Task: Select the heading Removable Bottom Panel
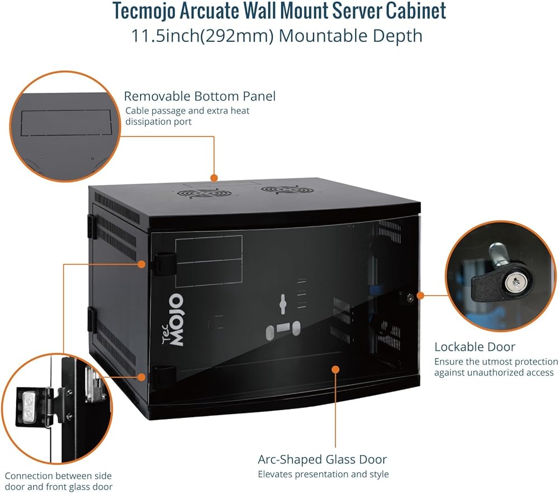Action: pos(200,96)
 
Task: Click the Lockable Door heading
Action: pos(475,347)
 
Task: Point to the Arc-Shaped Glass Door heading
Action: pos(322,459)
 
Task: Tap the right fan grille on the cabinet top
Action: pos(288,190)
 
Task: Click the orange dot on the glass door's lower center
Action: pos(335,369)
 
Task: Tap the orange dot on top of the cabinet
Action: pos(214,177)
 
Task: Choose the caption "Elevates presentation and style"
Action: pos(323,474)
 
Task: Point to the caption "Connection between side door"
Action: pos(58,476)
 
